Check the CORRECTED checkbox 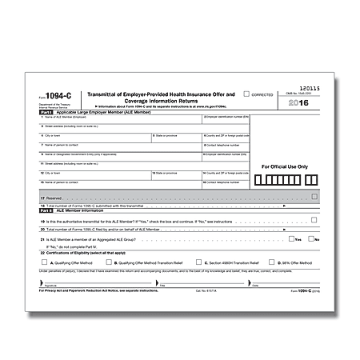[x=246, y=94]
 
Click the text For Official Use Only [x=286, y=166]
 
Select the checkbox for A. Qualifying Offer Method [x=46, y=262]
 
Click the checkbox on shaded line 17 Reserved [x=314, y=196]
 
